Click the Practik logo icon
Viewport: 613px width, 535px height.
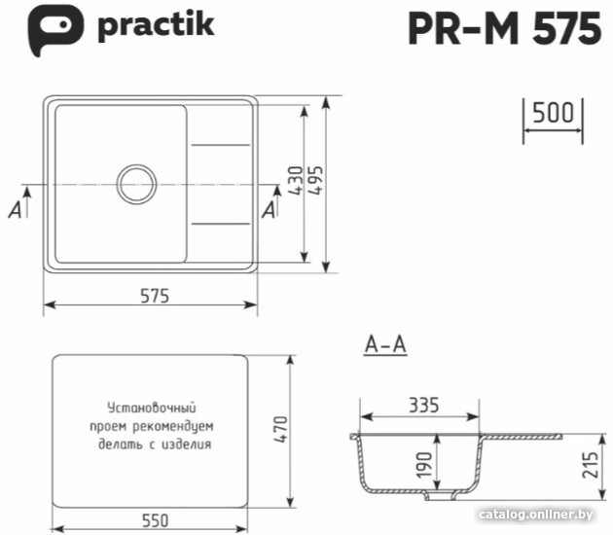[x=54, y=29]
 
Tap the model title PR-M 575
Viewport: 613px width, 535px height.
[x=504, y=28]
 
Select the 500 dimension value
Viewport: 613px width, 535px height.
[x=554, y=113]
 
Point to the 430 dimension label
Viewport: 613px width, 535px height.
[x=297, y=181]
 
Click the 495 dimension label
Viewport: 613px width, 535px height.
[x=316, y=181]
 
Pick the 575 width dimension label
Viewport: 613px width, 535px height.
[x=155, y=296]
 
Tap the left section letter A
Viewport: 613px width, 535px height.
[x=16, y=210]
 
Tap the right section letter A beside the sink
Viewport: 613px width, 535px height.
[x=269, y=210]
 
